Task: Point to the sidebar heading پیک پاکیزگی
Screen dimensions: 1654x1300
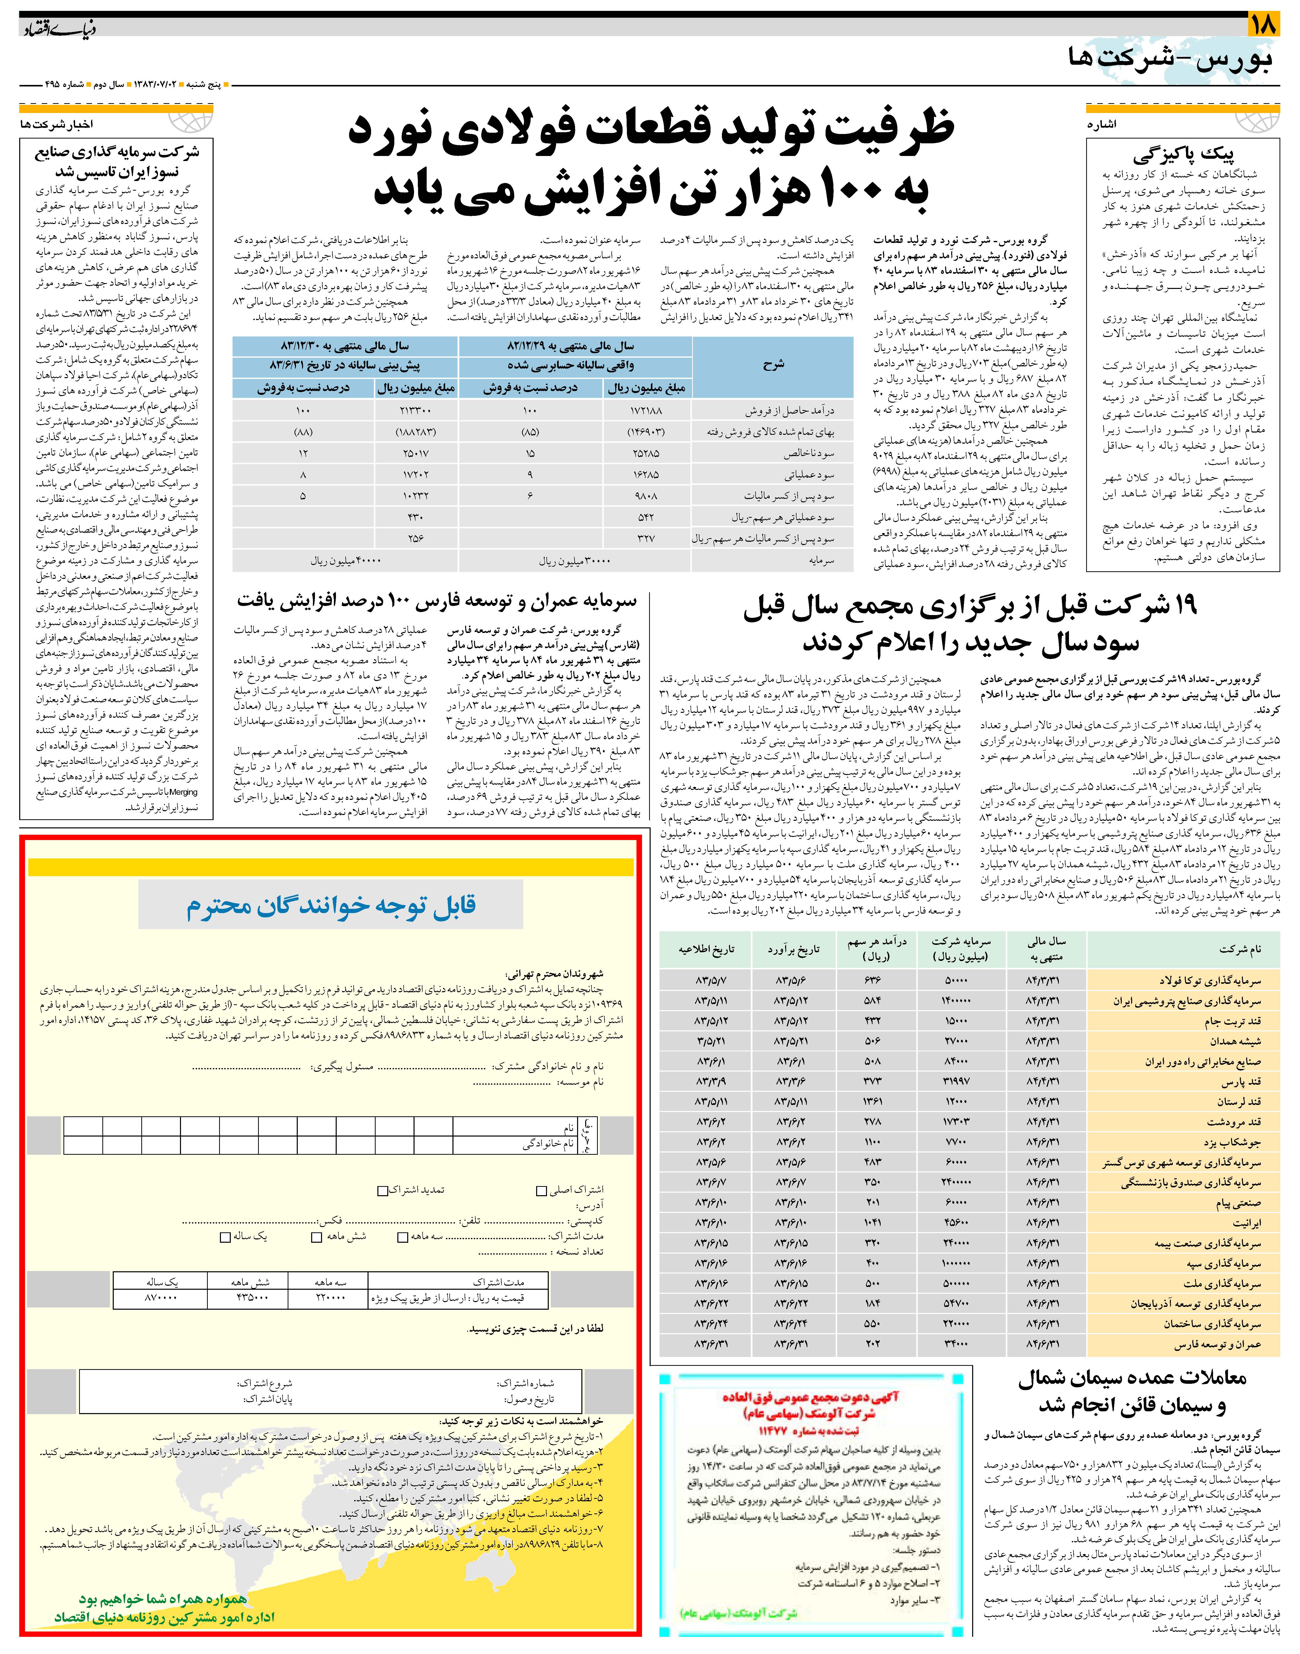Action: (1183, 155)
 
